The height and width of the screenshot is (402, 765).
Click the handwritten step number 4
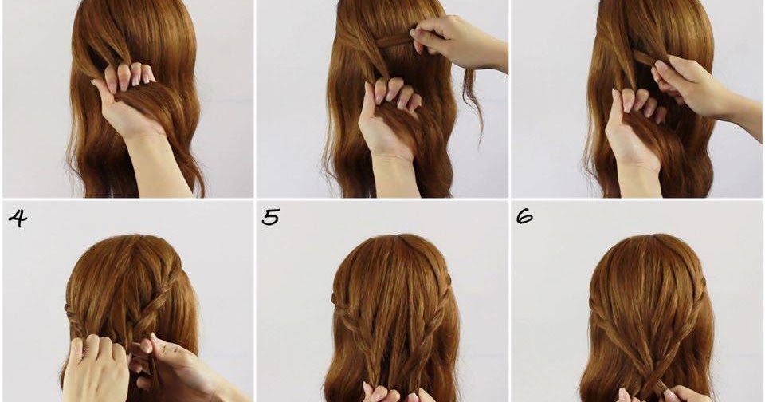(x=18, y=219)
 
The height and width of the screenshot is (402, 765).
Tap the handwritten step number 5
(x=271, y=217)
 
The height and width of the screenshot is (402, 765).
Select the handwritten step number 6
(x=524, y=216)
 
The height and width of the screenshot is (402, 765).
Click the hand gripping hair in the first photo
(x=127, y=96)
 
